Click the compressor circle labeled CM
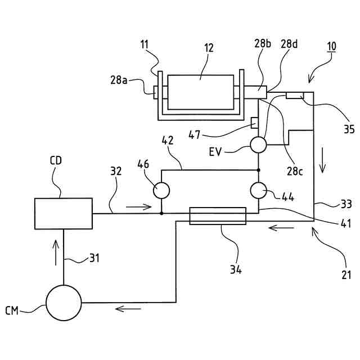coord(64,302)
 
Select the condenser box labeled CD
coord(64,213)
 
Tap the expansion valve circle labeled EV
coord(259,145)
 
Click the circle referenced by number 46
coord(161,190)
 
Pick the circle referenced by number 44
coord(259,190)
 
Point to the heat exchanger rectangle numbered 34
coord(218,215)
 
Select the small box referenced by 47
coord(254,123)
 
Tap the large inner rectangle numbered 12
coord(200,92)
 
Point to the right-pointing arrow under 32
coord(139,206)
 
